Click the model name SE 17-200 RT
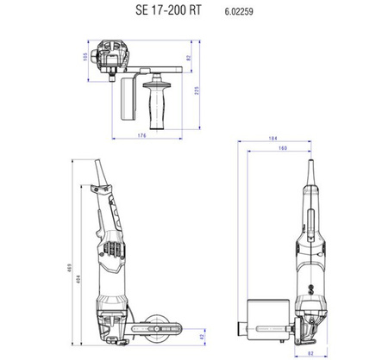coord(168,10)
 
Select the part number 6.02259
coord(239,11)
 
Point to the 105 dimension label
coord(85,57)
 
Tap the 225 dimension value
coord(197,90)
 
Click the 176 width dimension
coord(142,135)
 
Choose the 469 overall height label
coord(69,268)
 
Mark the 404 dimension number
coord(78,279)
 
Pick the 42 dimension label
coord(202,337)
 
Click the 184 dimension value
coord(272,139)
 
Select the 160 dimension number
coord(283,148)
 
